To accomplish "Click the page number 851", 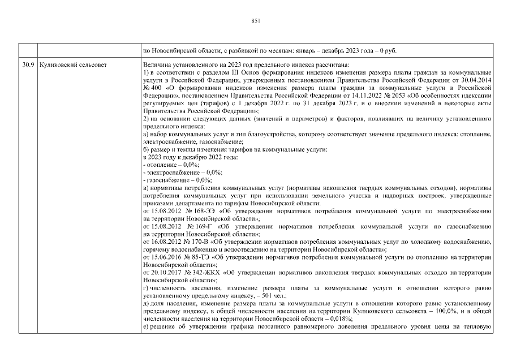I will (x=255, y=21).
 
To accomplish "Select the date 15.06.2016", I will (x=160, y=257).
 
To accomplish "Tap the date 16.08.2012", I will (x=160, y=242).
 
